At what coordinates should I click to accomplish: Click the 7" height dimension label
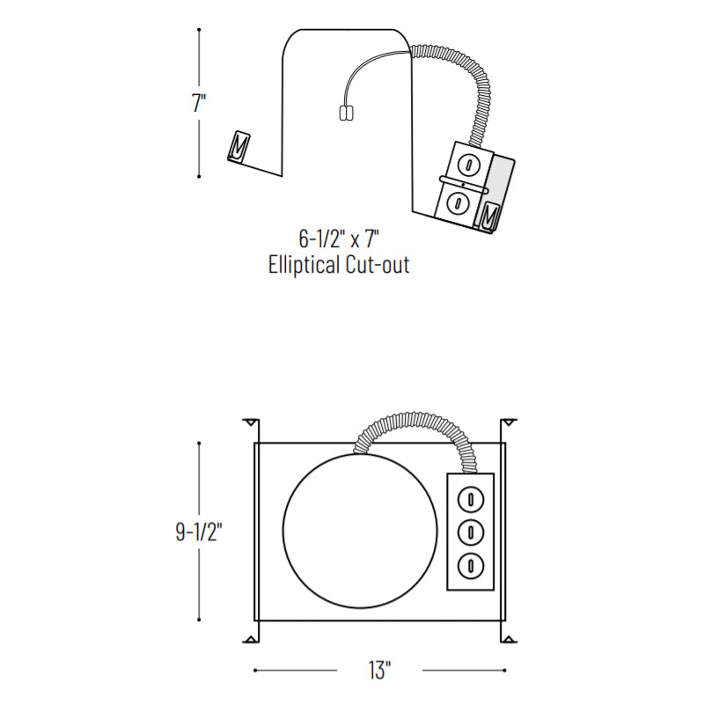(199, 103)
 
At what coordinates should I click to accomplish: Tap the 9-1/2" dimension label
(199, 532)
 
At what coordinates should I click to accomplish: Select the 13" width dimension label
(380, 671)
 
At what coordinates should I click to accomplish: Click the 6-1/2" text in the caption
(322, 238)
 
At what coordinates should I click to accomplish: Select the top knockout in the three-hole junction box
(471, 499)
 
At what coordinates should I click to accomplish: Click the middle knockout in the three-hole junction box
(471, 532)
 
